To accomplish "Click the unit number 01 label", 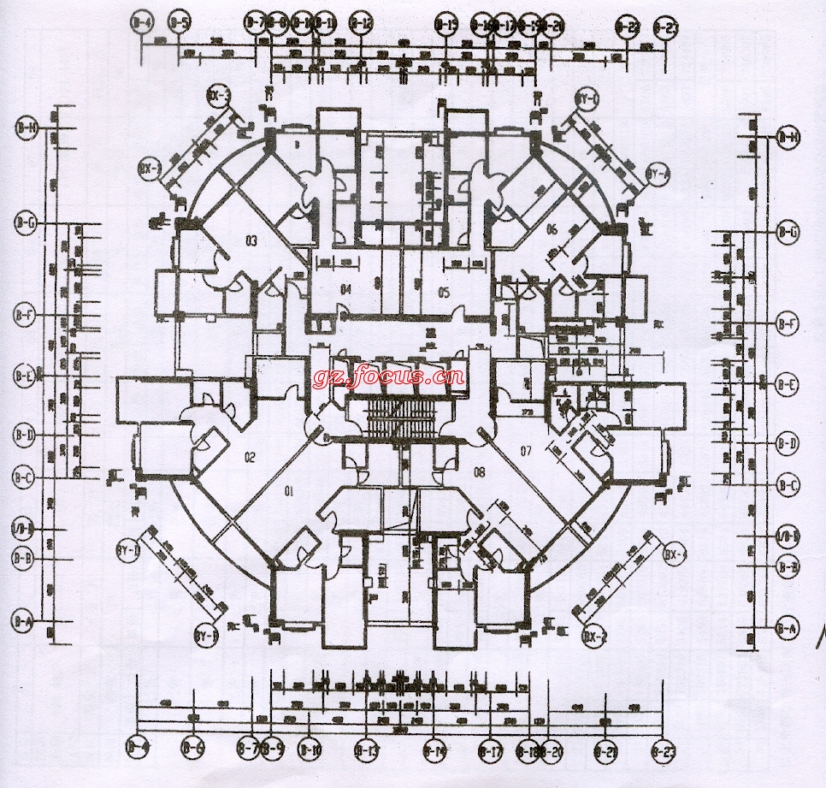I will click(x=289, y=491).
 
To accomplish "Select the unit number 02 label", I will click(x=251, y=456).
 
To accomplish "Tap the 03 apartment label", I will click(x=251, y=241).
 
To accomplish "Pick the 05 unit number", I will click(x=443, y=293).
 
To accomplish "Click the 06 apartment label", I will click(x=552, y=228).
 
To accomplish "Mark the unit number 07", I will click(x=526, y=450).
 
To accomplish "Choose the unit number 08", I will click(x=479, y=471).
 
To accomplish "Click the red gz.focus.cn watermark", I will click(x=389, y=376).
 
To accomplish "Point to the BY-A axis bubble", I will click(x=657, y=175).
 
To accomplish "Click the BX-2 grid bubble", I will click(x=595, y=637).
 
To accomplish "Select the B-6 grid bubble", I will click(x=193, y=749).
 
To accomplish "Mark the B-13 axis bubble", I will click(x=367, y=751).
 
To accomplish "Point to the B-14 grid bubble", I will click(x=434, y=751).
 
